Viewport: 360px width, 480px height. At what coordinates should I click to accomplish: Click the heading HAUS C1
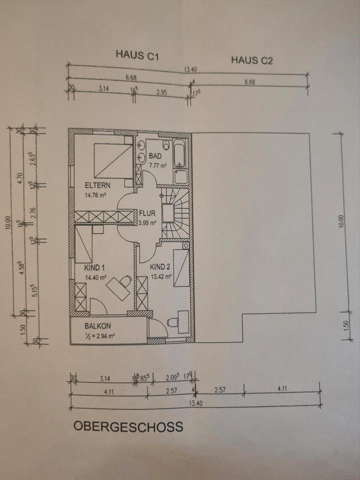(x=137, y=54)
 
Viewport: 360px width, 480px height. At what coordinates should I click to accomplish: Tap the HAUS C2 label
(x=251, y=61)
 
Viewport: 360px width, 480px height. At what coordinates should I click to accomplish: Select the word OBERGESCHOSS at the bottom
(x=128, y=426)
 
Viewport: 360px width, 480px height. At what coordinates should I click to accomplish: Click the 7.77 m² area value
(x=157, y=165)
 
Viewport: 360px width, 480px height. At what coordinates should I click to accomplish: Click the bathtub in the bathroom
(x=180, y=153)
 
